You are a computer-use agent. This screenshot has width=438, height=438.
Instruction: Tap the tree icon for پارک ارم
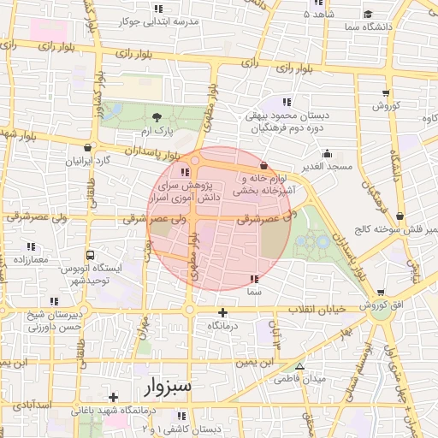pos(156,116)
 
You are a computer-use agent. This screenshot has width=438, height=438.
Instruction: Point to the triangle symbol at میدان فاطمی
pos(299,365)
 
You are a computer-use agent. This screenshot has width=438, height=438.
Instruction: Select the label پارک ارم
pos(157,130)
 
